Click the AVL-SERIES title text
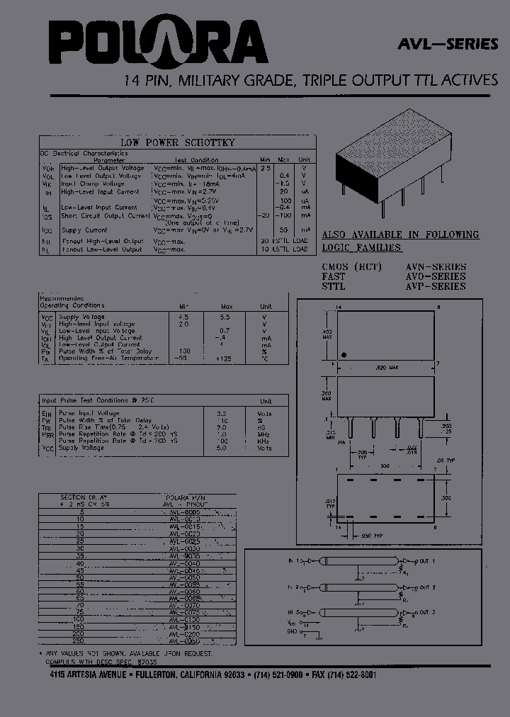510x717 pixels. [x=448, y=44]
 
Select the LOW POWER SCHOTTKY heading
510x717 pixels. [x=177, y=142]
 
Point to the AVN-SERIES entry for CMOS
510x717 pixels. [x=435, y=266]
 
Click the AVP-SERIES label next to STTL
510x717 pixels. [x=435, y=286]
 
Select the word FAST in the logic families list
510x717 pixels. [x=334, y=276]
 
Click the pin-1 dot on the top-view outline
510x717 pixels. [x=344, y=354]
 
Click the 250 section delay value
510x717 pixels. [x=80, y=641]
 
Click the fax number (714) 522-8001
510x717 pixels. [x=352, y=675]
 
